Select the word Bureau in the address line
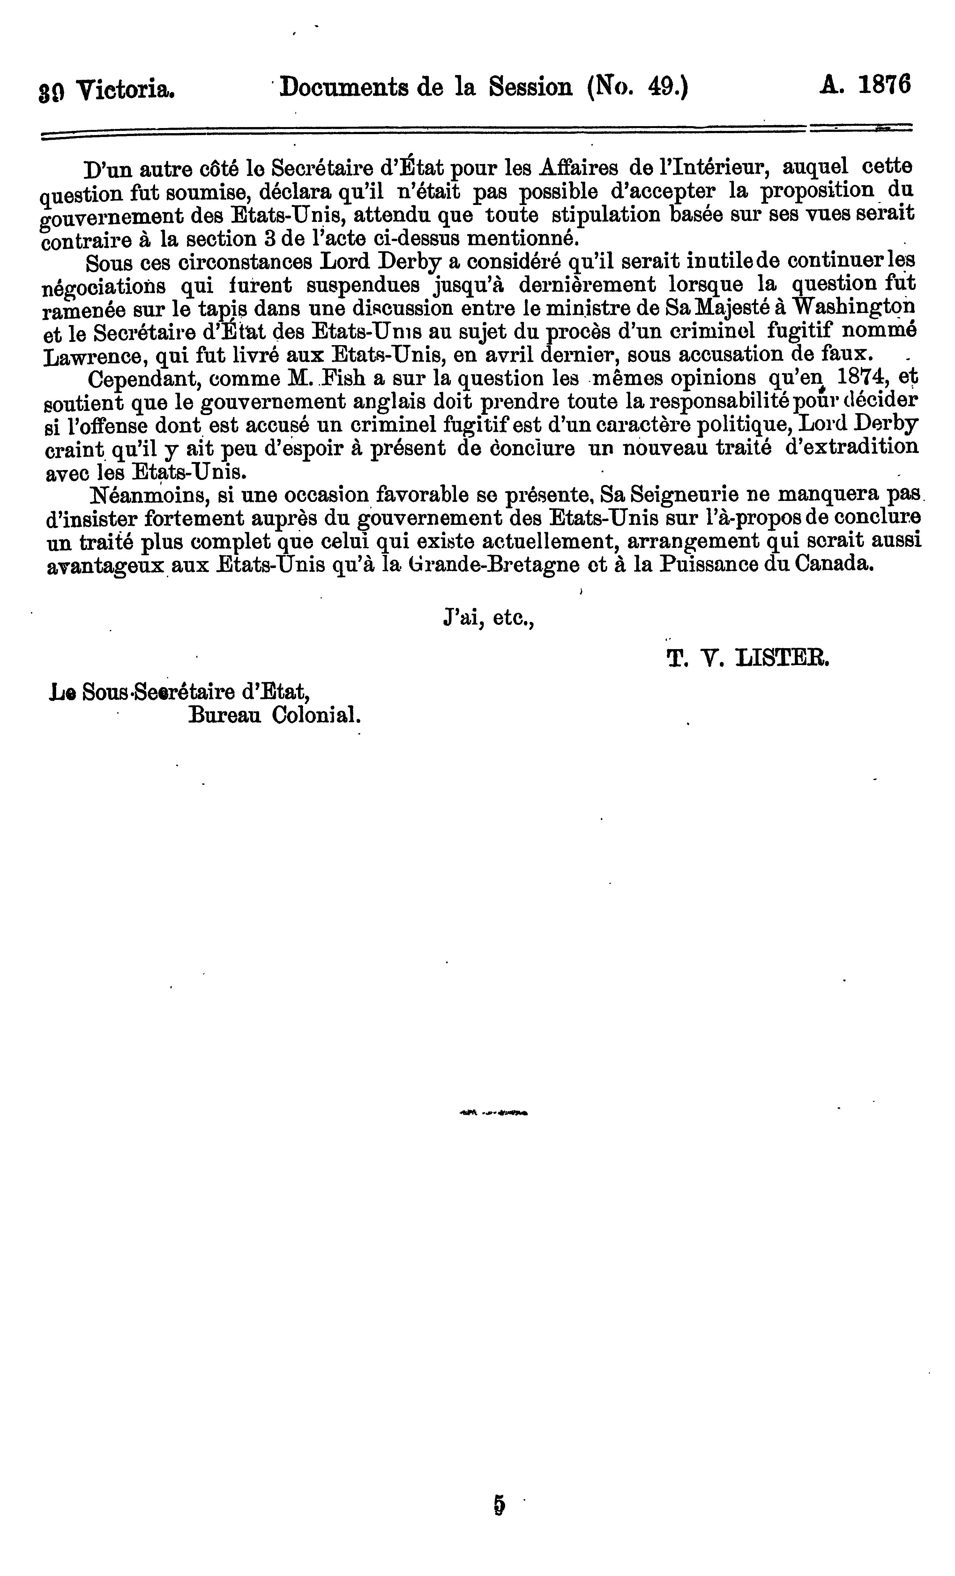(x=225, y=715)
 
